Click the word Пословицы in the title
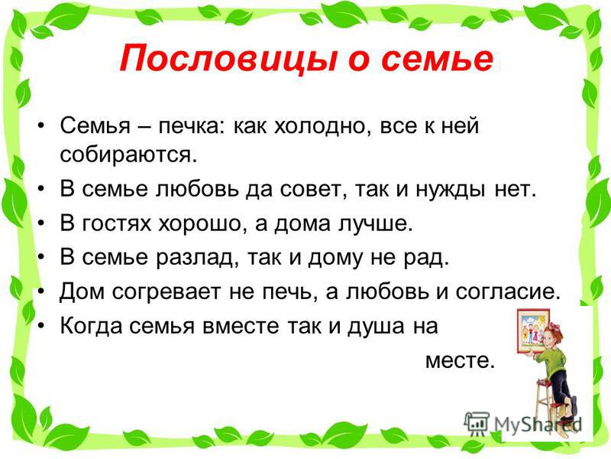228,59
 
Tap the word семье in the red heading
437,59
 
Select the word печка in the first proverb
188,126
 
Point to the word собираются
127,155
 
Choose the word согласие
507,292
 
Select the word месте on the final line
460,360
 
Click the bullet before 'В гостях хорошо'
41,223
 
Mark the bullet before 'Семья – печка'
41,125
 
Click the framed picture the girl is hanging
532,330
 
